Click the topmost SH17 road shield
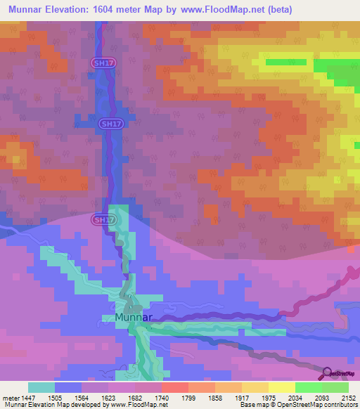click(103, 63)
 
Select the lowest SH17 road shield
click(103, 220)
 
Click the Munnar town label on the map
click(132, 317)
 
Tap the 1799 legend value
click(188, 397)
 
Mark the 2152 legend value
click(348, 397)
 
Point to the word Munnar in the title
click(32, 9)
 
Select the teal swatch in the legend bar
click(41, 387)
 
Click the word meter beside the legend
click(9, 397)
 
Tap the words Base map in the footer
click(255, 405)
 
